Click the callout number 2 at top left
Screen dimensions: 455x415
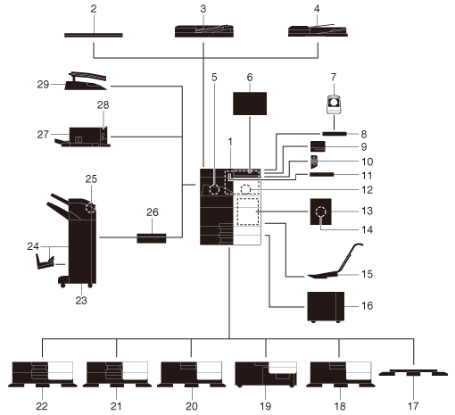point(94,9)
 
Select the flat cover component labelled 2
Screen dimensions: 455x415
point(94,35)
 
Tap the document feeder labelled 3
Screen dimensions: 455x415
point(204,31)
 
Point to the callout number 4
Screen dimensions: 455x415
point(317,9)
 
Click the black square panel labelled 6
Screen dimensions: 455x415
point(250,104)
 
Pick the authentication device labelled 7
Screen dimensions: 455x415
point(335,104)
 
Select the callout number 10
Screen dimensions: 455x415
point(368,162)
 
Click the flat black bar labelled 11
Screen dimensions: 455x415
point(321,174)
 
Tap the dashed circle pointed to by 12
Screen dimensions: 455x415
point(245,189)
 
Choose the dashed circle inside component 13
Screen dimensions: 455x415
point(321,212)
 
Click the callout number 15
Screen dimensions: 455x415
point(368,274)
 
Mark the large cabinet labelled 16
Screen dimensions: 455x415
point(326,307)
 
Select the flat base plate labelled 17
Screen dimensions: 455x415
point(413,372)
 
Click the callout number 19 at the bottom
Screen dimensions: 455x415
point(266,406)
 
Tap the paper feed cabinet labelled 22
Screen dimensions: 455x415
point(42,374)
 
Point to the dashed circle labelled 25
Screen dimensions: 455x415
point(91,208)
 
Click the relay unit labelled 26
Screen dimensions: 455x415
point(152,238)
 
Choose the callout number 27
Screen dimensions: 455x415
point(43,135)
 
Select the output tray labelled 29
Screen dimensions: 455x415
point(87,81)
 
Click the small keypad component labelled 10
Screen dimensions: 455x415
point(314,162)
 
